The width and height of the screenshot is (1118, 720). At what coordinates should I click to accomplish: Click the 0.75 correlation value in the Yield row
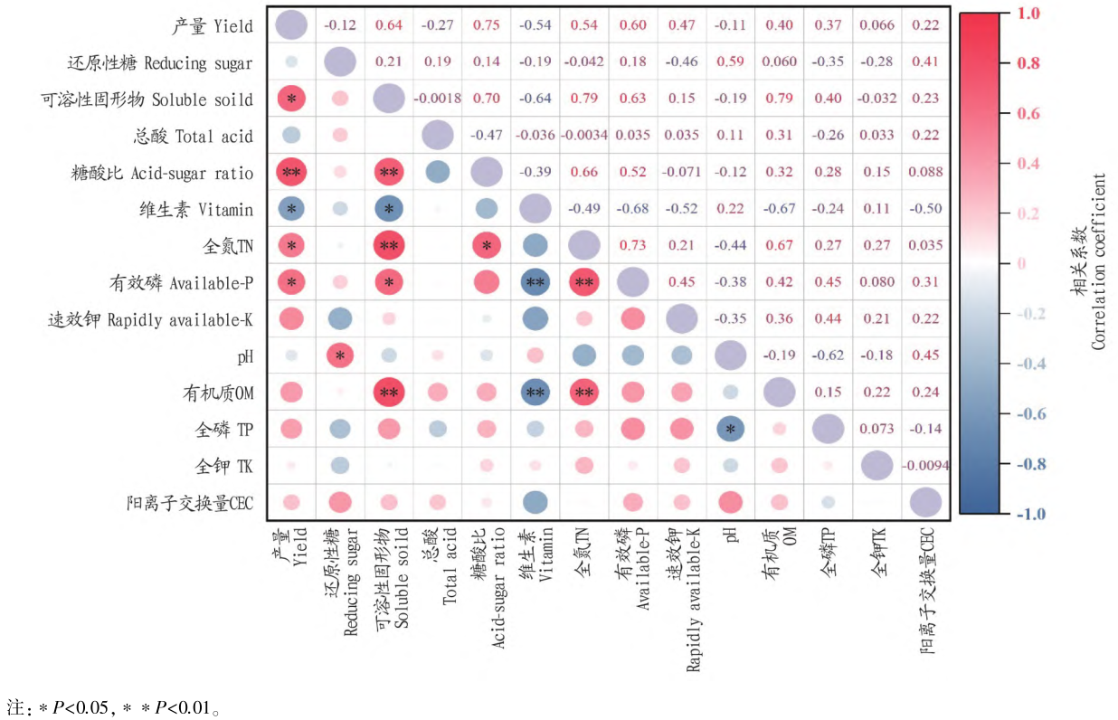pos(487,25)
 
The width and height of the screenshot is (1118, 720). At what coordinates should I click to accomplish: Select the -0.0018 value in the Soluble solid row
pos(437,99)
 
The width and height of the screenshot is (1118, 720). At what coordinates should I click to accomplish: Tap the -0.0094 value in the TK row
pos(925,466)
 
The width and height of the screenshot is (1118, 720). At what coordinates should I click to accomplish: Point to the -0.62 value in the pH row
pos(829,355)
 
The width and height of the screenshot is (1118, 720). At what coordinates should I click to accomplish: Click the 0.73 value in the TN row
pos(634,245)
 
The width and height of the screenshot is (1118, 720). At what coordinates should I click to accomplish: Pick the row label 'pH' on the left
pos(244,356)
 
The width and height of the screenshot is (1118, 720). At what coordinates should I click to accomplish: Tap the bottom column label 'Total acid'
pos(450,578)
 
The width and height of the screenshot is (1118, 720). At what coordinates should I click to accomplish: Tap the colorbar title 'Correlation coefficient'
pos(1098,262)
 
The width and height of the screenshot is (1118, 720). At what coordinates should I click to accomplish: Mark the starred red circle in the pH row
pos(340,355)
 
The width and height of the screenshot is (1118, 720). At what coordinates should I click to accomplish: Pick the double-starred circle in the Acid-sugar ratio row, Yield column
pos(291,172)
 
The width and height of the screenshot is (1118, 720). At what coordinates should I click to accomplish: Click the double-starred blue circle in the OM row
pos(535,393)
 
